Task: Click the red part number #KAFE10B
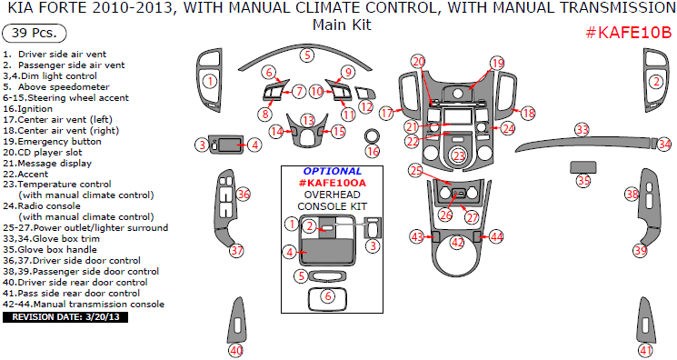tap(629, 33)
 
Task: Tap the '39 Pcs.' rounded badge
tap(35, 34)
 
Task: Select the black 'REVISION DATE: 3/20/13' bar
tap(65, 317)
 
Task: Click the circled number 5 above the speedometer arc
tap(307, 55)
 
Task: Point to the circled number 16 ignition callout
tap(373, 151)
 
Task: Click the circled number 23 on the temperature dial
tap(459, 156)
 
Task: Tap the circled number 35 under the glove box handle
tap(583, 180)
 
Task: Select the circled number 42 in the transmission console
tap(457, 243)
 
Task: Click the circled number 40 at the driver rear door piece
tap(235, 351)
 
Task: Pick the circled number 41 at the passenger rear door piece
tap(645, 351)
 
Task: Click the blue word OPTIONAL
tap(332, 172)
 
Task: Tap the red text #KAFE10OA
tap(332, 183)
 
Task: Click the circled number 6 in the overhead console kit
tap(328, 296)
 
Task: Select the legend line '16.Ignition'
tap(27, 109)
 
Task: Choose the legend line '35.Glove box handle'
tap(50, 250)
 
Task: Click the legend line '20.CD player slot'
tap(43, 153)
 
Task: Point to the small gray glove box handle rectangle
tap(583, 167)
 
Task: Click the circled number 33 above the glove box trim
tap(582, 129)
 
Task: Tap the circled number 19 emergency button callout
tap(497, 64)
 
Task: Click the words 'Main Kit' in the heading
tap(342, 25)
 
